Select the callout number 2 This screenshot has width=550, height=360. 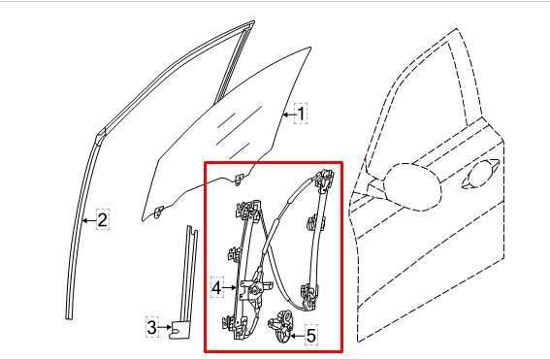click(x=102, y=220)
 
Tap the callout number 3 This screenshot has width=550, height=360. click(x=151, y=327)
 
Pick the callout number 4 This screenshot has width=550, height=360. click(x=216, y=288)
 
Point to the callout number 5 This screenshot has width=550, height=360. click(x=311, y=337)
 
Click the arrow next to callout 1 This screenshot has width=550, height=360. click(x=287, y=114)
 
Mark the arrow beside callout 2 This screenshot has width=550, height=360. click(x=88, y=220)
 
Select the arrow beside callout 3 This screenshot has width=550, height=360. click(x=165, y=327)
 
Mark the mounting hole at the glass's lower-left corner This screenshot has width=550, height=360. click(x=158, y=210)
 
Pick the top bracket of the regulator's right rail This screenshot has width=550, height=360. click(x=323, y=178)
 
